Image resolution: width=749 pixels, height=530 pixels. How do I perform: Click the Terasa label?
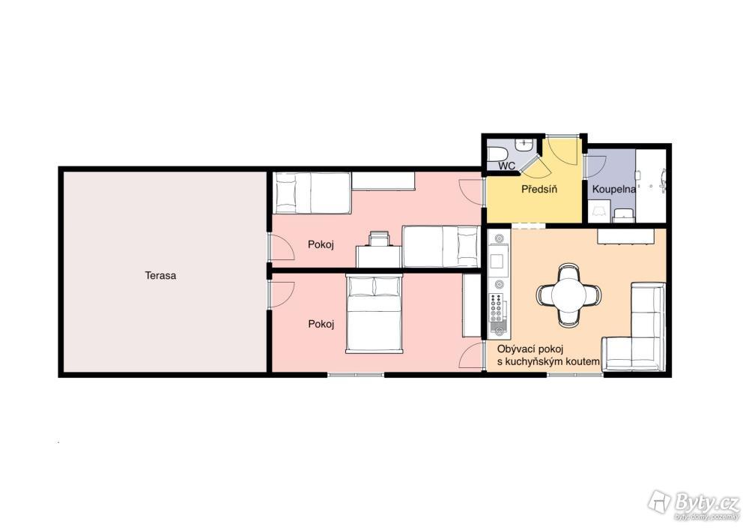[160, 275]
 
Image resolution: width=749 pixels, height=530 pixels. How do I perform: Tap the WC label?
[507, 166]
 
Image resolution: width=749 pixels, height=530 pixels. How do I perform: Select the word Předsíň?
[539, 189]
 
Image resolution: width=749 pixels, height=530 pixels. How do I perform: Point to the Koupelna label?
[614, 189]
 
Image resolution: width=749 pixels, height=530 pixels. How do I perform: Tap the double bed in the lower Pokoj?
[374, 313]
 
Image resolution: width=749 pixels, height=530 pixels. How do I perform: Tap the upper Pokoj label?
[321, 244]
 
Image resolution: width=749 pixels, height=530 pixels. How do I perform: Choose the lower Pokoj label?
[321, 324]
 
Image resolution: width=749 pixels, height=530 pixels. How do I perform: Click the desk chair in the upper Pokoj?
[379, 238]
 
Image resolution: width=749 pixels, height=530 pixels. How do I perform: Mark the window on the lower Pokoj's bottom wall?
[356, 375]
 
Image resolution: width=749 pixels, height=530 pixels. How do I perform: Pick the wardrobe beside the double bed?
[471, 305]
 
